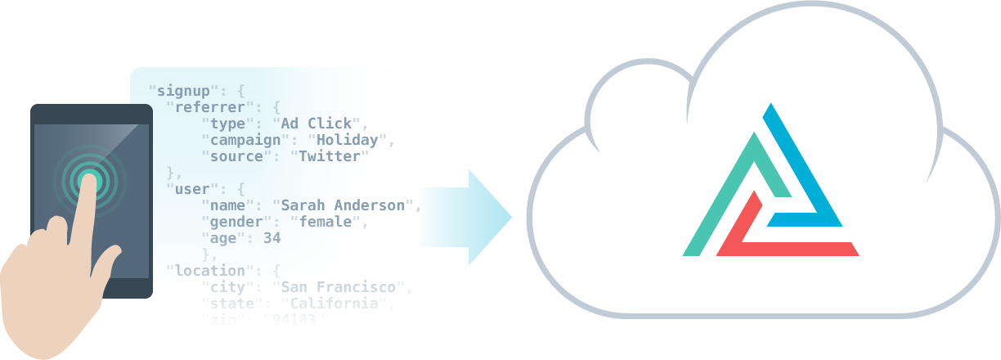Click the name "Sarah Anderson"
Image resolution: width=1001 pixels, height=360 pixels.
[344, 205]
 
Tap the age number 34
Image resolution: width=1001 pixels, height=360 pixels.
[272, 238]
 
